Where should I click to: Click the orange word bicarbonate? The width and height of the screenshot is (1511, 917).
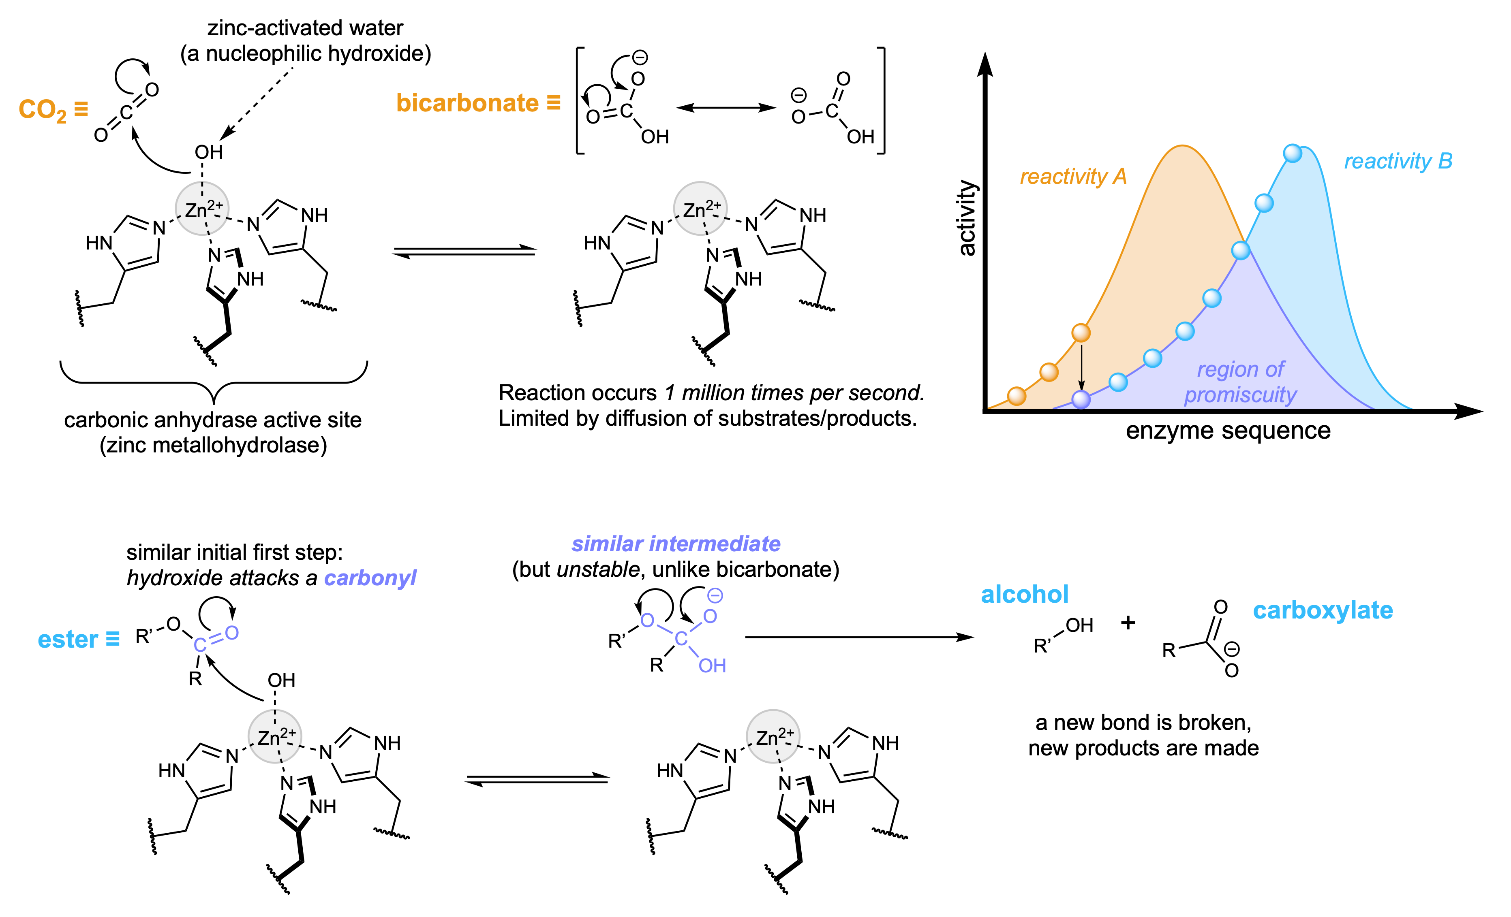[x=467, y=103]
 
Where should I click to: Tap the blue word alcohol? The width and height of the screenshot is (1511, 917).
[x=1024, y=595]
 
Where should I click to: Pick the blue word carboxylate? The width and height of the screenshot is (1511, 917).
[x=1323, y=610]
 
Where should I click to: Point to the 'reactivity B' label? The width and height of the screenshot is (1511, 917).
[x=1398, y=161]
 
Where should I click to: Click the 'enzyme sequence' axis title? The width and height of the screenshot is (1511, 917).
[x=1228, y=431]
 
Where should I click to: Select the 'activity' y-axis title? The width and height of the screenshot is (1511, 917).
[x=967, y=218]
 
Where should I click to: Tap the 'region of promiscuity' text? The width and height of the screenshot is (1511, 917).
[x=1240, y=382]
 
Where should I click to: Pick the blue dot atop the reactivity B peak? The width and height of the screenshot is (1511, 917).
[x=1292, y=153]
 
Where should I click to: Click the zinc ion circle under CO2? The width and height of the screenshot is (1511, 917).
[x=202, y=209]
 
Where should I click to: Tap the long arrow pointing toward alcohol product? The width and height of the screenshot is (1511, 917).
[x=858, y=638]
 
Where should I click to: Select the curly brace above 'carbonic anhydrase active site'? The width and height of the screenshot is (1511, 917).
[x=214, y=383]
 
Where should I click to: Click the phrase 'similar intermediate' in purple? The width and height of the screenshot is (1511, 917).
[x=676, y=544]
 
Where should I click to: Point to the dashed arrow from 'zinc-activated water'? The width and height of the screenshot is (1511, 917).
[x=257, y=101]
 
